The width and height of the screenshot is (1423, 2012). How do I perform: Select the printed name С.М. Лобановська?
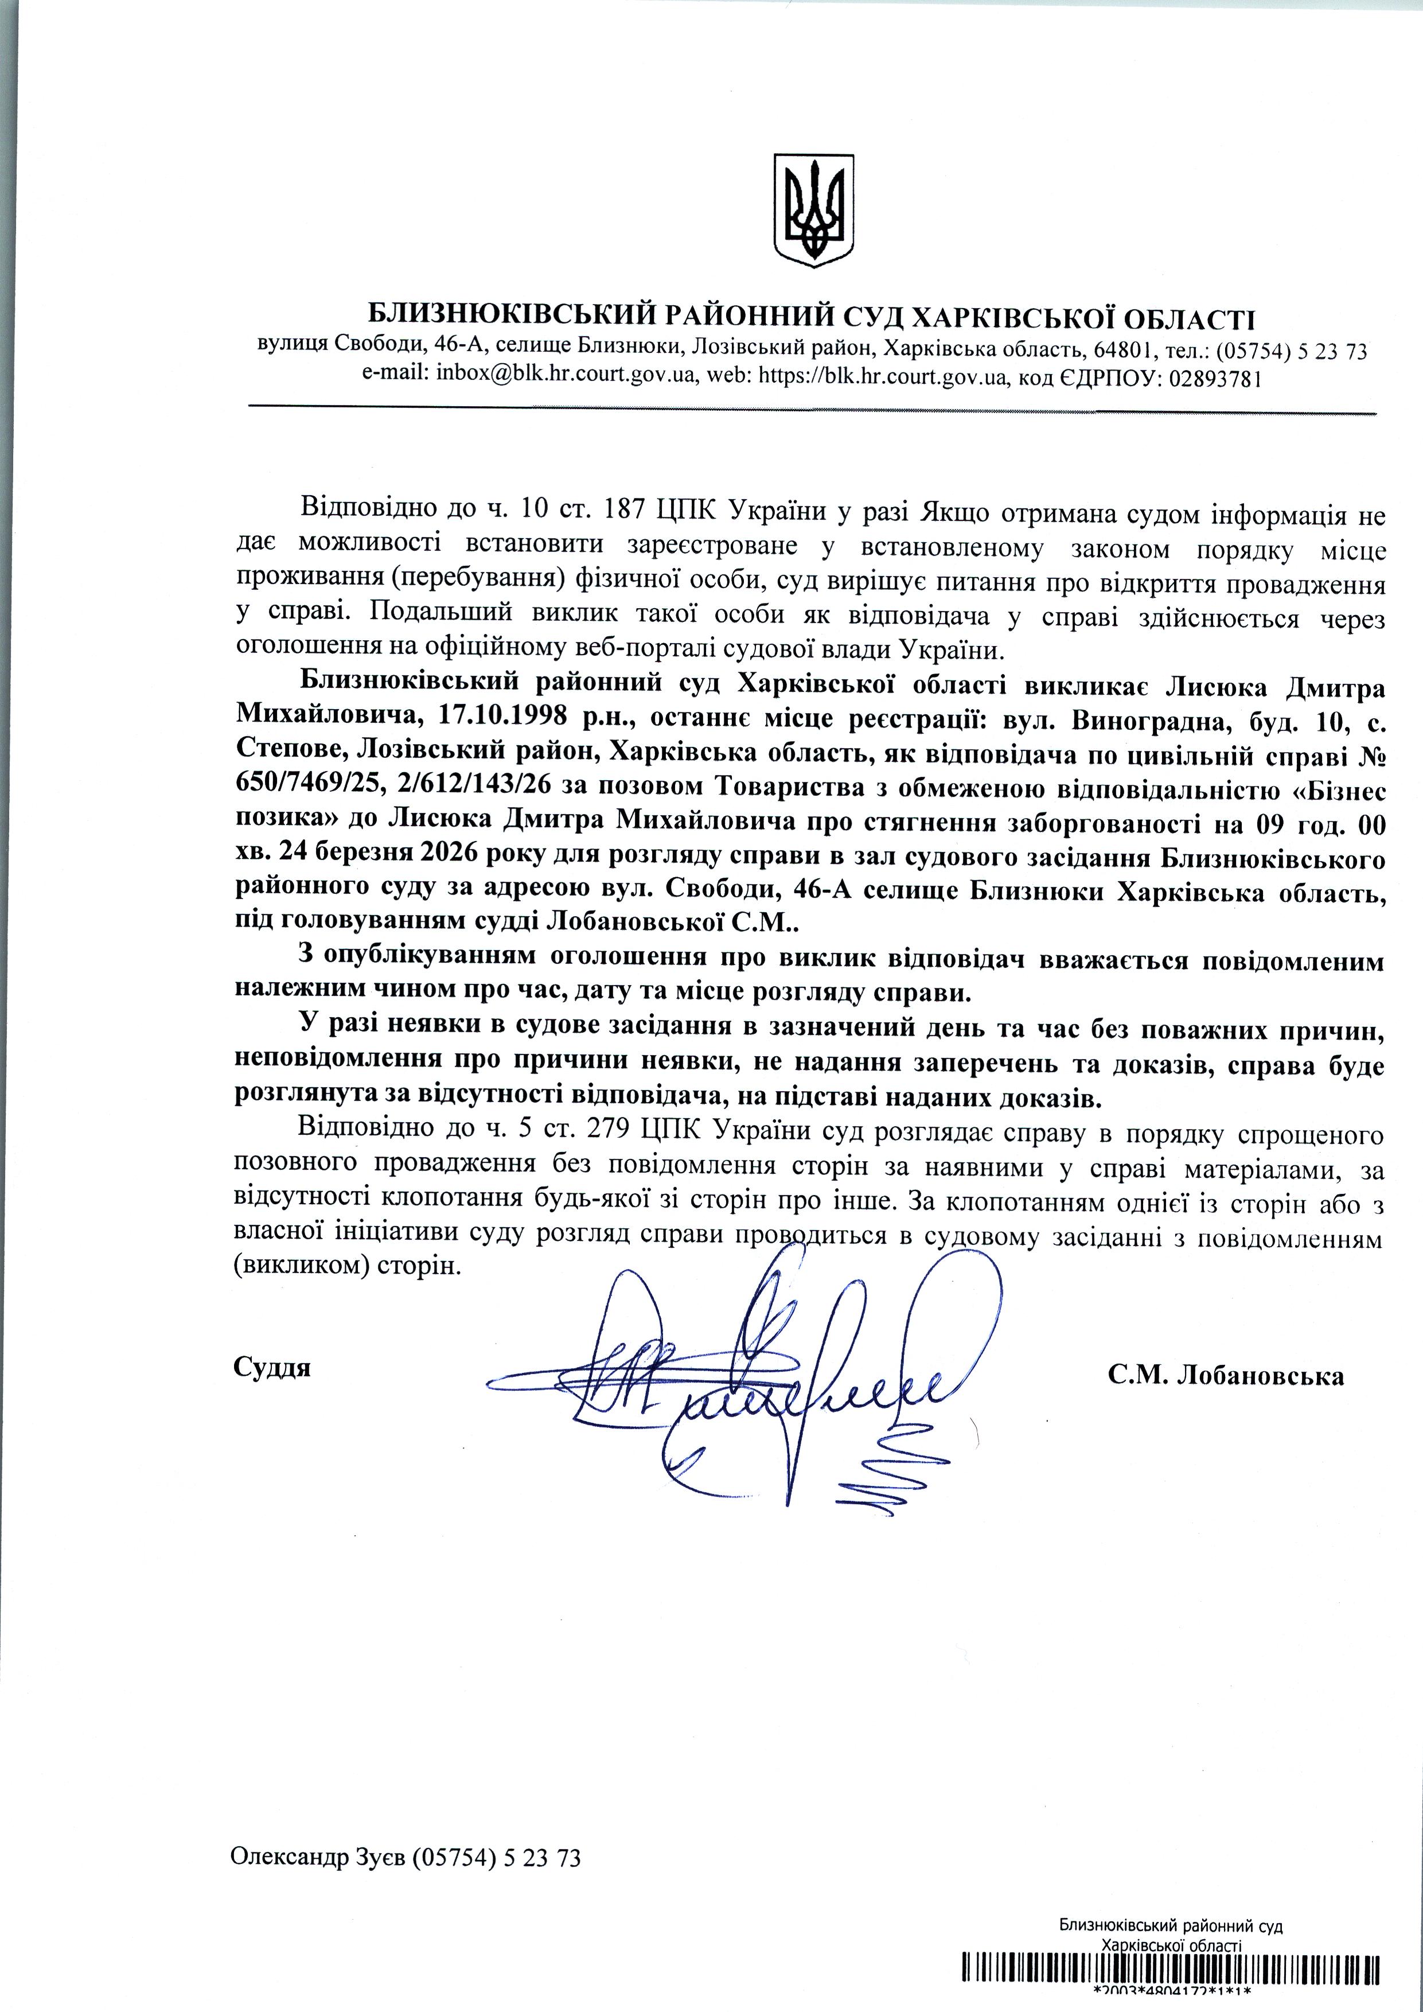(1225, 1375)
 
